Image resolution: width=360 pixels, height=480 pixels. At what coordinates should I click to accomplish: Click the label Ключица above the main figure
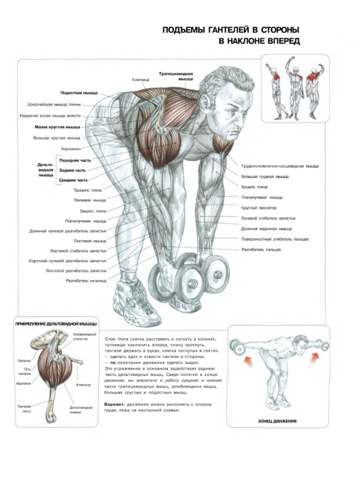(140, 80)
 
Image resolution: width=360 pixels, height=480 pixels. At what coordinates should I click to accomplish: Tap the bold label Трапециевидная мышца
(176, 76)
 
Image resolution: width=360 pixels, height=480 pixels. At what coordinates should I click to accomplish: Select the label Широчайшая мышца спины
(54, 105)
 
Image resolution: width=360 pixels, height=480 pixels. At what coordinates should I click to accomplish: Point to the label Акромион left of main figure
(70, 149)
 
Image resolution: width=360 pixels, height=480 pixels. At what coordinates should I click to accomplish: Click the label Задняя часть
(72, 170)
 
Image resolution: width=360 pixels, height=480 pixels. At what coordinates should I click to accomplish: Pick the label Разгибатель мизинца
(86, 280)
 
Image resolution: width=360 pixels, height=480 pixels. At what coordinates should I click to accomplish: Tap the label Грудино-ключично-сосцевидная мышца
(280, 166)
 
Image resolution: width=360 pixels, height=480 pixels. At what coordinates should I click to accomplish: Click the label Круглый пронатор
(259, 208)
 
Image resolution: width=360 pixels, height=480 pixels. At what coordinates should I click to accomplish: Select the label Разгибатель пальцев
(261, 249)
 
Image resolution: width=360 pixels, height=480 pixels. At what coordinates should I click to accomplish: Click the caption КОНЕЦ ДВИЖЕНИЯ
(277, 421)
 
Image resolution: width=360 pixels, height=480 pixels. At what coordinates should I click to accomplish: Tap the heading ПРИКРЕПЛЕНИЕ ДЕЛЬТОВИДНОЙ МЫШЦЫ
(56, 324)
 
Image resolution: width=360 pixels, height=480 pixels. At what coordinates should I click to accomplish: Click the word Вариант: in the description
(114, 404)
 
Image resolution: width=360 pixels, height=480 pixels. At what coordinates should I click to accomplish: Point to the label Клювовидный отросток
(84, 337)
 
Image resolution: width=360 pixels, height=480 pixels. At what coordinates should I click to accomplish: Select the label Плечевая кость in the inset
(24, 409)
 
